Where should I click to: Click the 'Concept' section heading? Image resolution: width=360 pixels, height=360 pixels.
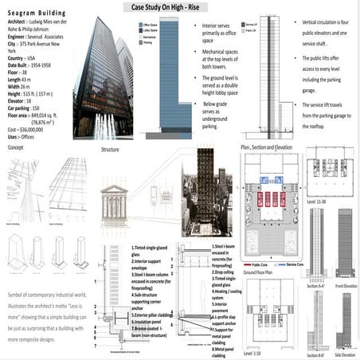[x=16, y=149]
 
